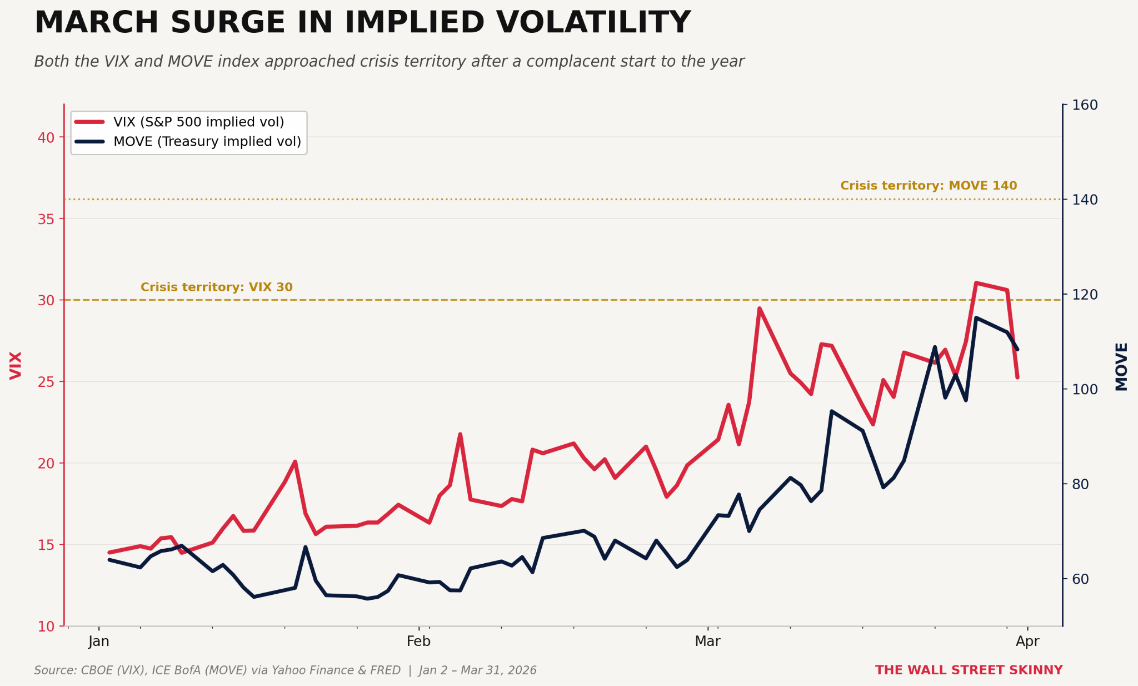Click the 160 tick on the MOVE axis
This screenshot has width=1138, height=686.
1084,105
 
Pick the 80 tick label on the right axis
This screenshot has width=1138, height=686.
1080,484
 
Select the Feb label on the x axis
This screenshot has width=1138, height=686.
418,642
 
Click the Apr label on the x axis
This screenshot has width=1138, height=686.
1027,642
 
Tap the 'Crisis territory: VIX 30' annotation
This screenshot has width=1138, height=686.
216,287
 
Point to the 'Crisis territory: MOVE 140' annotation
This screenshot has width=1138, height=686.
929,186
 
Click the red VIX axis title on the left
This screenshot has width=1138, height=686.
16,365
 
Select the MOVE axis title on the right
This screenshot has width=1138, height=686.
1121,366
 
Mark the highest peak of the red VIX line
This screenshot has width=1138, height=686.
976,283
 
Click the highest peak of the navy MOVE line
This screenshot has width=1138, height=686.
976,317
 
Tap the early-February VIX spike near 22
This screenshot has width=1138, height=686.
460,434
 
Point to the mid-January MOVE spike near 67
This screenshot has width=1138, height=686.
305,547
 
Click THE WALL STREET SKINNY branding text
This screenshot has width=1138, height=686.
969,670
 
